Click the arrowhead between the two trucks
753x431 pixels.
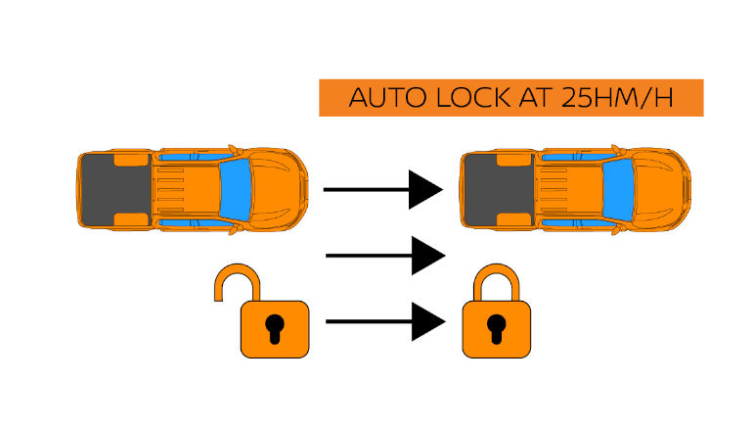coord(426,189)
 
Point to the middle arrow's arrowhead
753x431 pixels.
coord(426,256)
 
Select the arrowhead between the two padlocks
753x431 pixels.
coord(426,321)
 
